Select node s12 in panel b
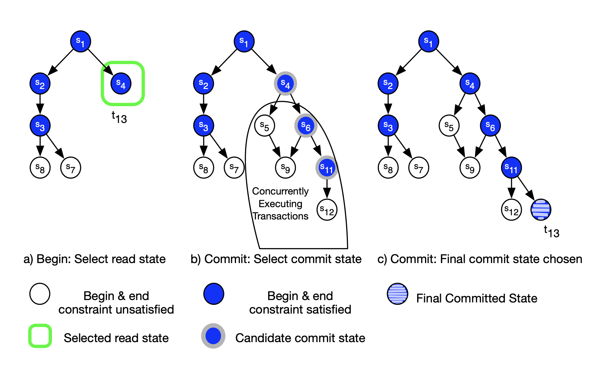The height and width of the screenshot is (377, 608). [327, 210]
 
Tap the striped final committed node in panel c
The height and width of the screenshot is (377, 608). [541, 210]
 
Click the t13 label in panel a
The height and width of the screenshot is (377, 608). [119, 117]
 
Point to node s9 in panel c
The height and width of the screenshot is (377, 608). [470, 167]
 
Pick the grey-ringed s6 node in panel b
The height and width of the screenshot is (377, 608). [306, 126]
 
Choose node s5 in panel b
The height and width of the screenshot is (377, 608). [264, 126]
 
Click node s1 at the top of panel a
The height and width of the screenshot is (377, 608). [81, 41]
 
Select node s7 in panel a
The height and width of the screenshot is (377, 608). [70, 167]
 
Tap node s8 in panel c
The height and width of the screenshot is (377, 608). [388, 167]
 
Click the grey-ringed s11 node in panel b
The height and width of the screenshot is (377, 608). [327, 167]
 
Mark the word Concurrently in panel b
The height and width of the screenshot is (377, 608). [280, 191]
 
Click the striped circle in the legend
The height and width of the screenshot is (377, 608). [398, 294]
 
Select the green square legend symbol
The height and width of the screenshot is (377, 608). [40, 336]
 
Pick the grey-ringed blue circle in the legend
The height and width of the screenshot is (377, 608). [213, 336]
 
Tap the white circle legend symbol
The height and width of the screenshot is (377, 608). [40, 294]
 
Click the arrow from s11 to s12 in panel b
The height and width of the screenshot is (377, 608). [327, 189]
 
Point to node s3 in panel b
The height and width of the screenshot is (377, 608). [203, 126]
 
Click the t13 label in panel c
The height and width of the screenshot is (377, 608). [551, 231]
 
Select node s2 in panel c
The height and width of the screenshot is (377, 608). [388, 84]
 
